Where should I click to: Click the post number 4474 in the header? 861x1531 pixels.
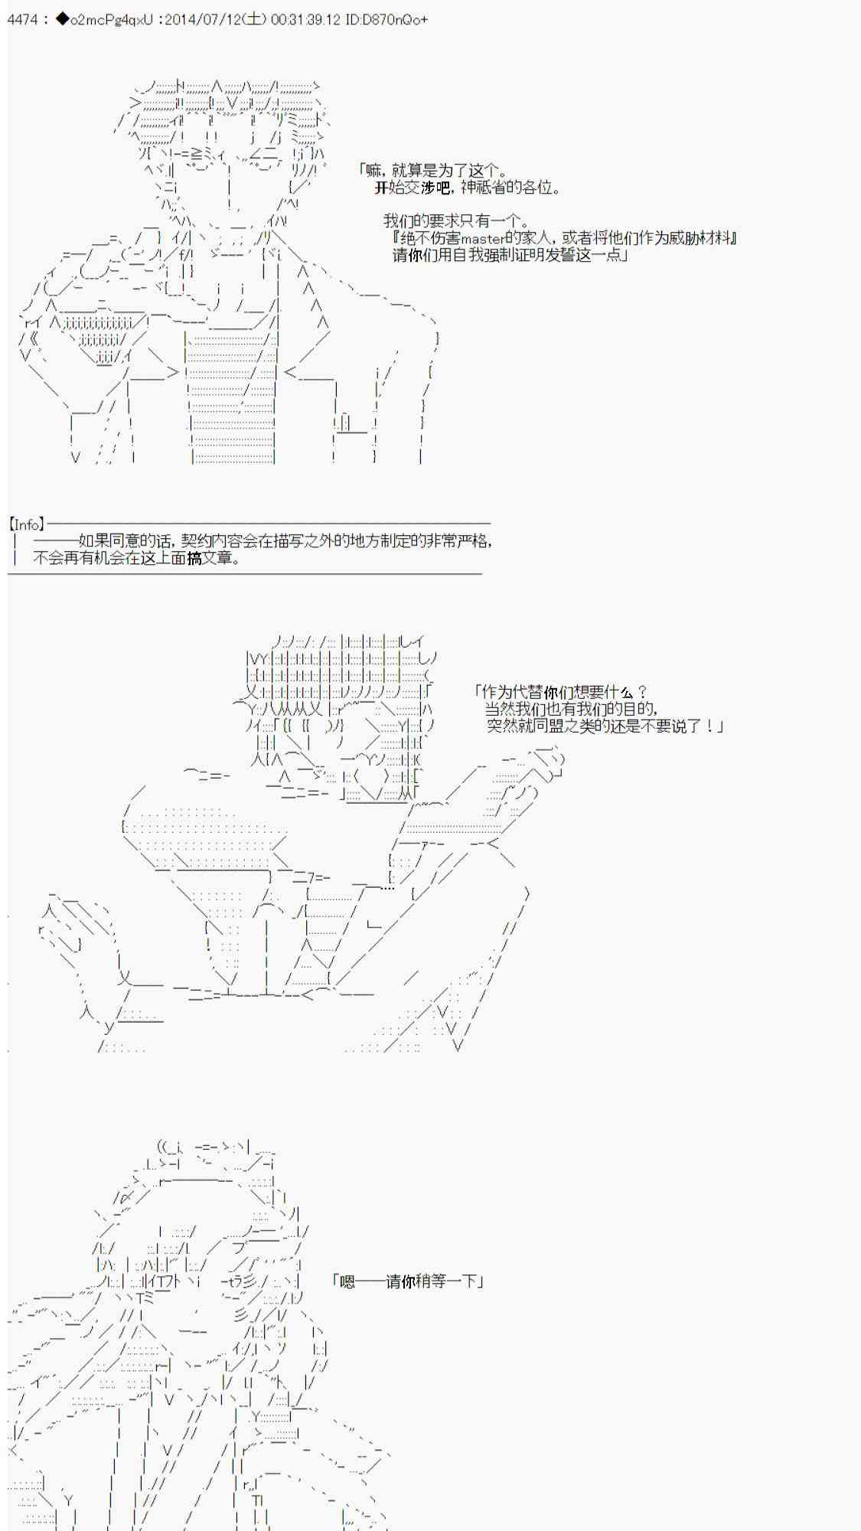click(22, 20)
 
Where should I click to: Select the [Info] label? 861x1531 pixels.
click(27, 524)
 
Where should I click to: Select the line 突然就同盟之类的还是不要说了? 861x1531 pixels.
click(605, 726)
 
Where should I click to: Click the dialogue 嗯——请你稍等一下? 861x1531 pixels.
click(408, 1281)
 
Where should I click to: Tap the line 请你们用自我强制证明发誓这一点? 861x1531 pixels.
click(510, 256)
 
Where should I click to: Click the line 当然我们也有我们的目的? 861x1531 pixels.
click(571, 709)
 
